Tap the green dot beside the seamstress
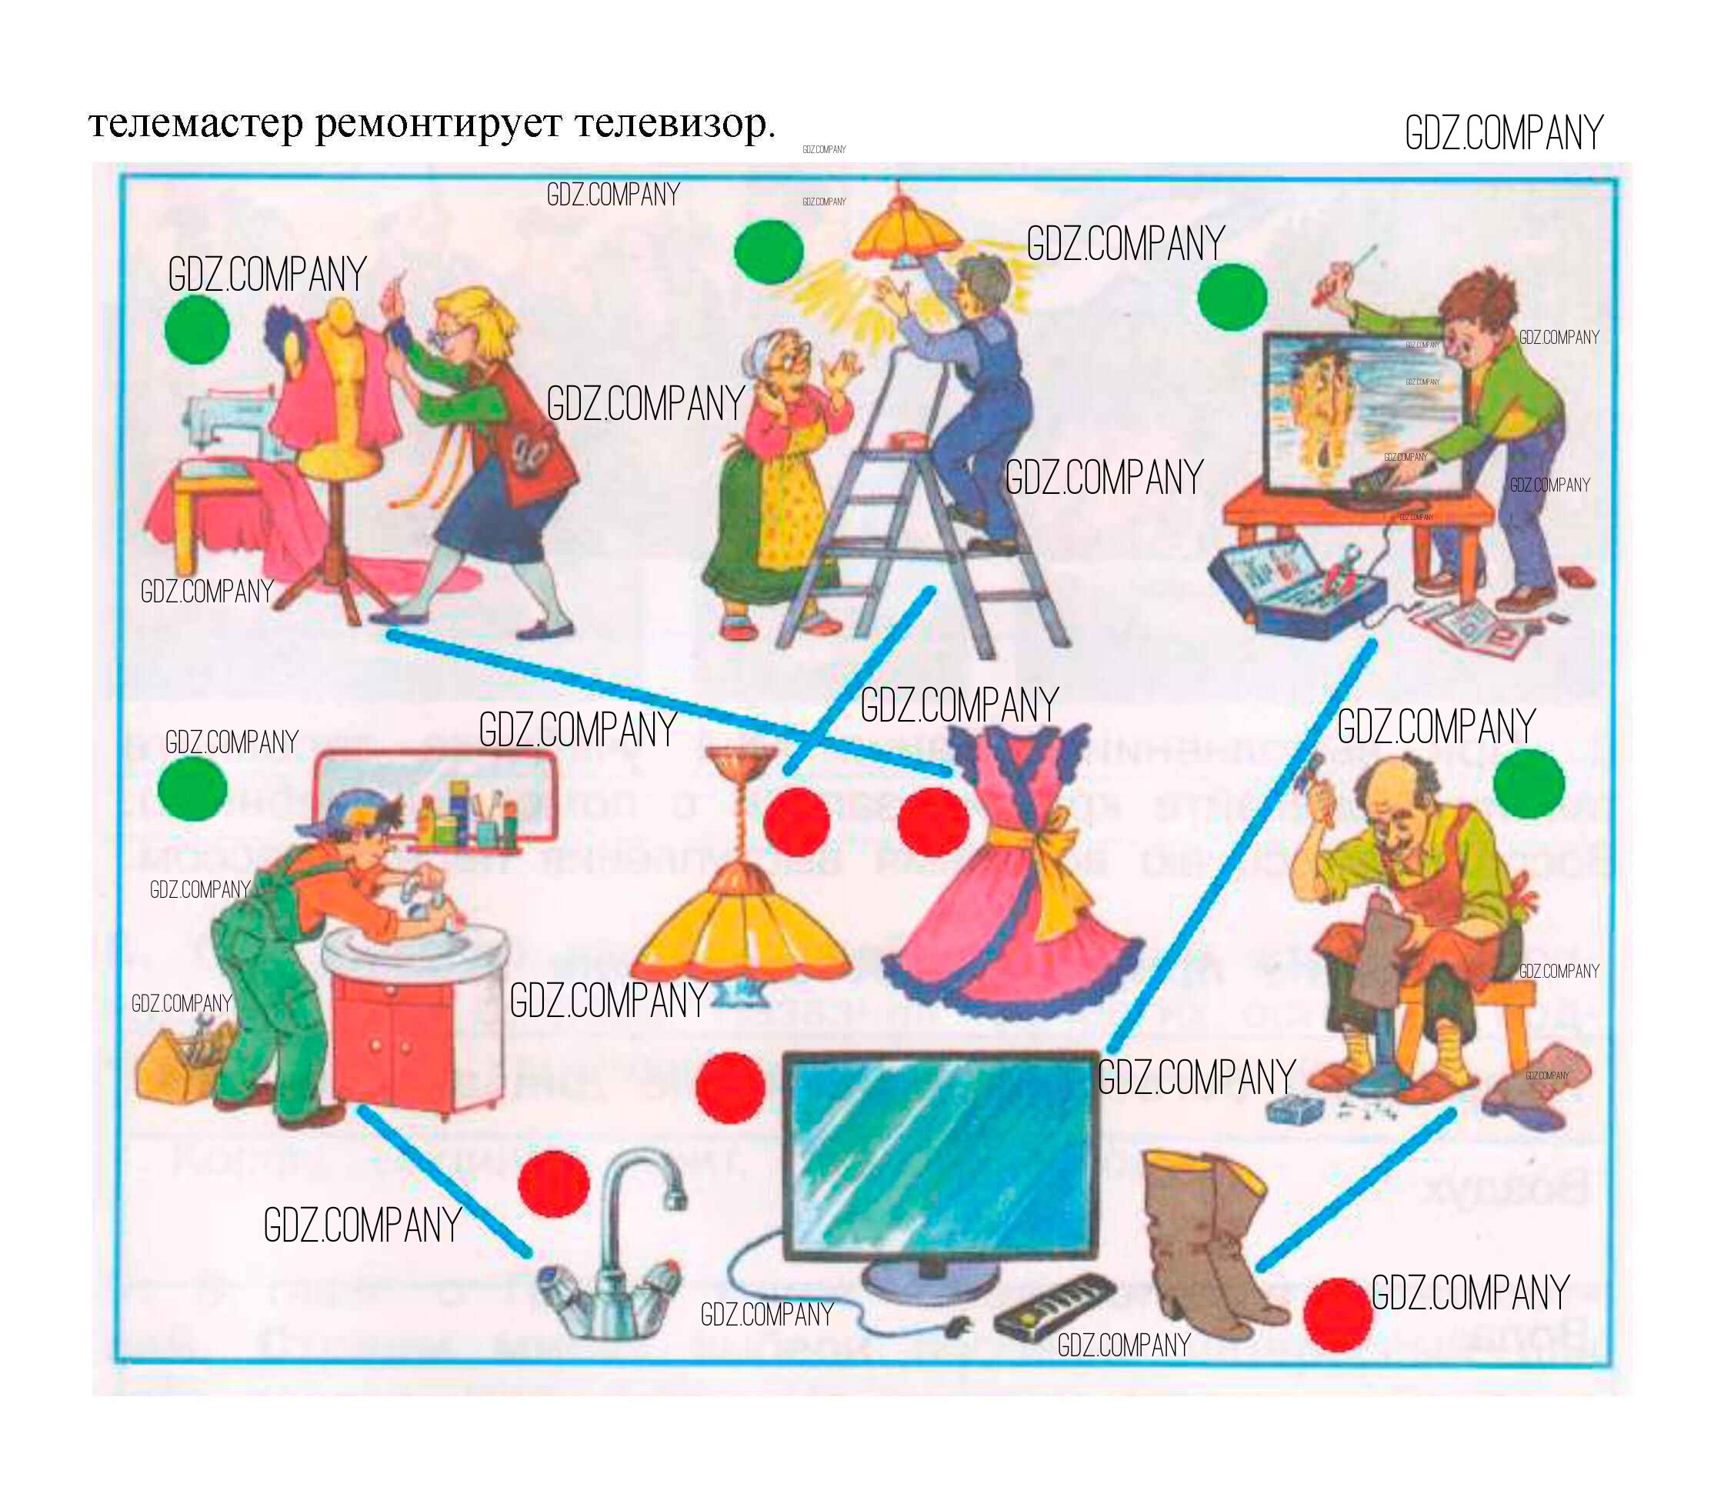197,330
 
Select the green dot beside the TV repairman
1232,297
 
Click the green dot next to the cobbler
1529,784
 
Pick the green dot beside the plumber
192,789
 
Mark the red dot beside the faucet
554,1184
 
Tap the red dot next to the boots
1339,1316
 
